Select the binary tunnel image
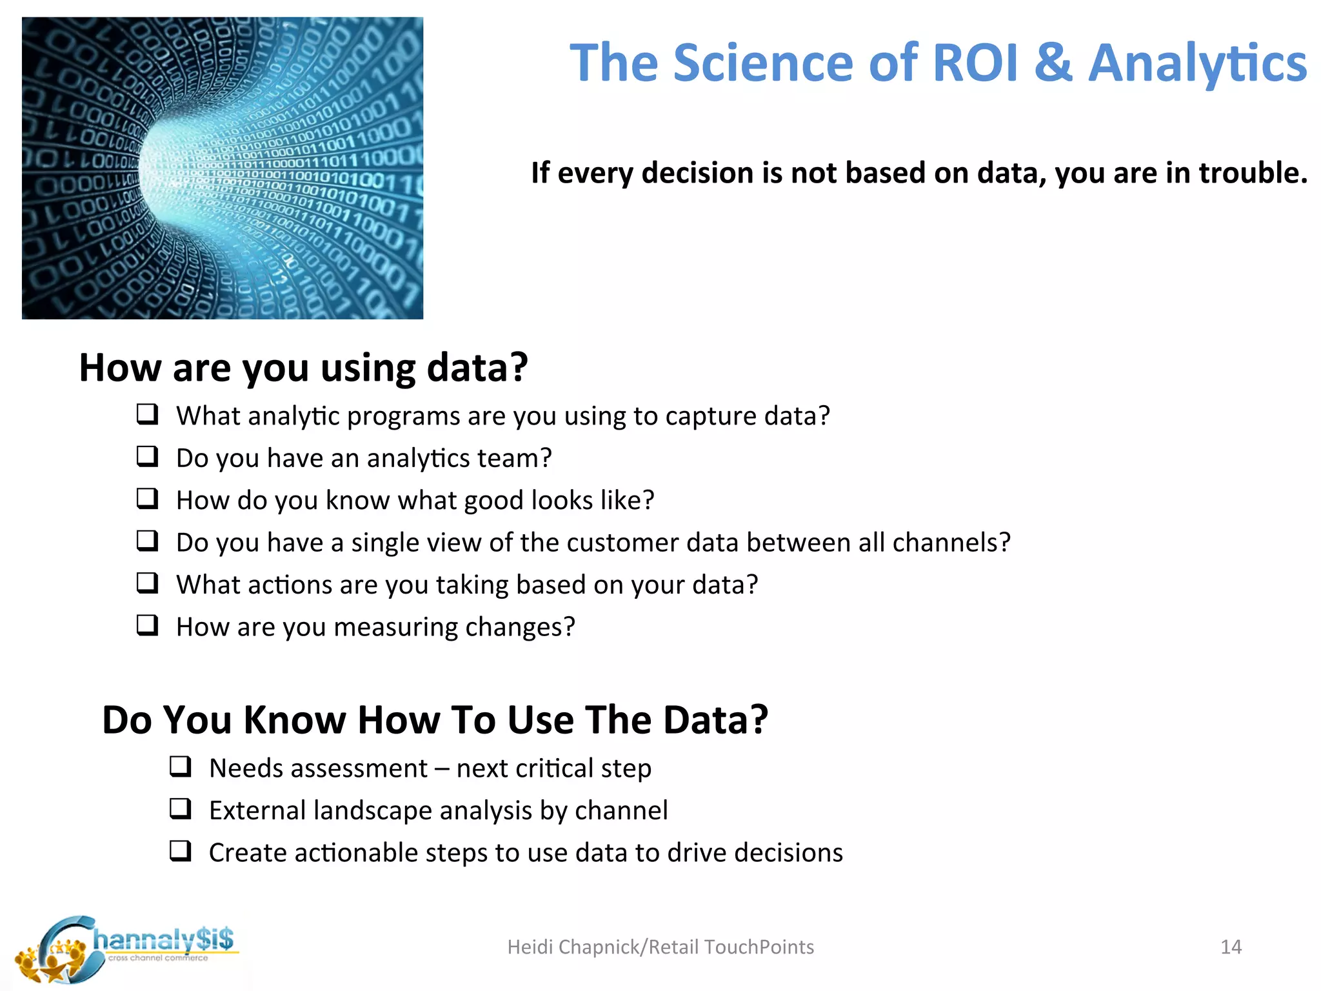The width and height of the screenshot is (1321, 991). tap(223, 168)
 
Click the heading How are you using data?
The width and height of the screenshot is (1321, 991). tap(303, 368)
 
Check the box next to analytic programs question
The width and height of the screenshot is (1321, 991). tap(147, 414)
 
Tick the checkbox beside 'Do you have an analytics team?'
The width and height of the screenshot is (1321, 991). tap(147, 456)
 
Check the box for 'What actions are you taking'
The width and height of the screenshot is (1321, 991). tap(147, 583)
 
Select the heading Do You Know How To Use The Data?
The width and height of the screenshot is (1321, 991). tap(435, 719)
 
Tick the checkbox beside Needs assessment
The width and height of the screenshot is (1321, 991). tap(181, 766)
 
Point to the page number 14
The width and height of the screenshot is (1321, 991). tap(1231, 947)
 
